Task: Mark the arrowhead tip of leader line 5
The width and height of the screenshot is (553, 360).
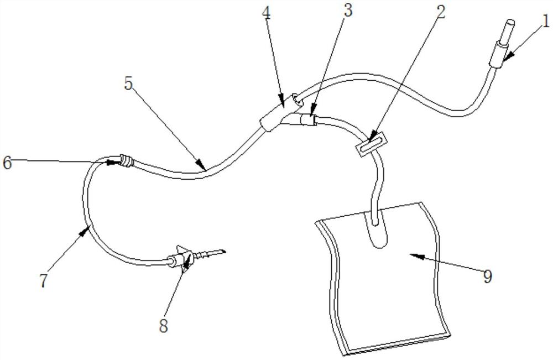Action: click(x=206, y=169)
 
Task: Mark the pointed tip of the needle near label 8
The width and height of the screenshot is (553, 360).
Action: click(x=225, y=252)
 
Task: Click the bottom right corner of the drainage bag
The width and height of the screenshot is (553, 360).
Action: click(x=451, y=334)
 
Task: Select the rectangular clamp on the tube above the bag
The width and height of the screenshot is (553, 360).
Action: click(x=371, y=143)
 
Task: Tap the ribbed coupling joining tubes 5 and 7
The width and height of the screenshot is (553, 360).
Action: click(x=126, y=160)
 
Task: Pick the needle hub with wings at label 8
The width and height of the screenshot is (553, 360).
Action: click(x=181, y=259)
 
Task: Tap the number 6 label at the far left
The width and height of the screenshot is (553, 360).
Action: click(x=7, y=163)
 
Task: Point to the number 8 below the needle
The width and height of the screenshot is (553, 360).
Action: click(x=163, y=326)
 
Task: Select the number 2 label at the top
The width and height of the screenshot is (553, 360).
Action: click(x=441, y=12)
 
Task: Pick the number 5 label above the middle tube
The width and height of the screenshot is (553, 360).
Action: click(x=129, y=84)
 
